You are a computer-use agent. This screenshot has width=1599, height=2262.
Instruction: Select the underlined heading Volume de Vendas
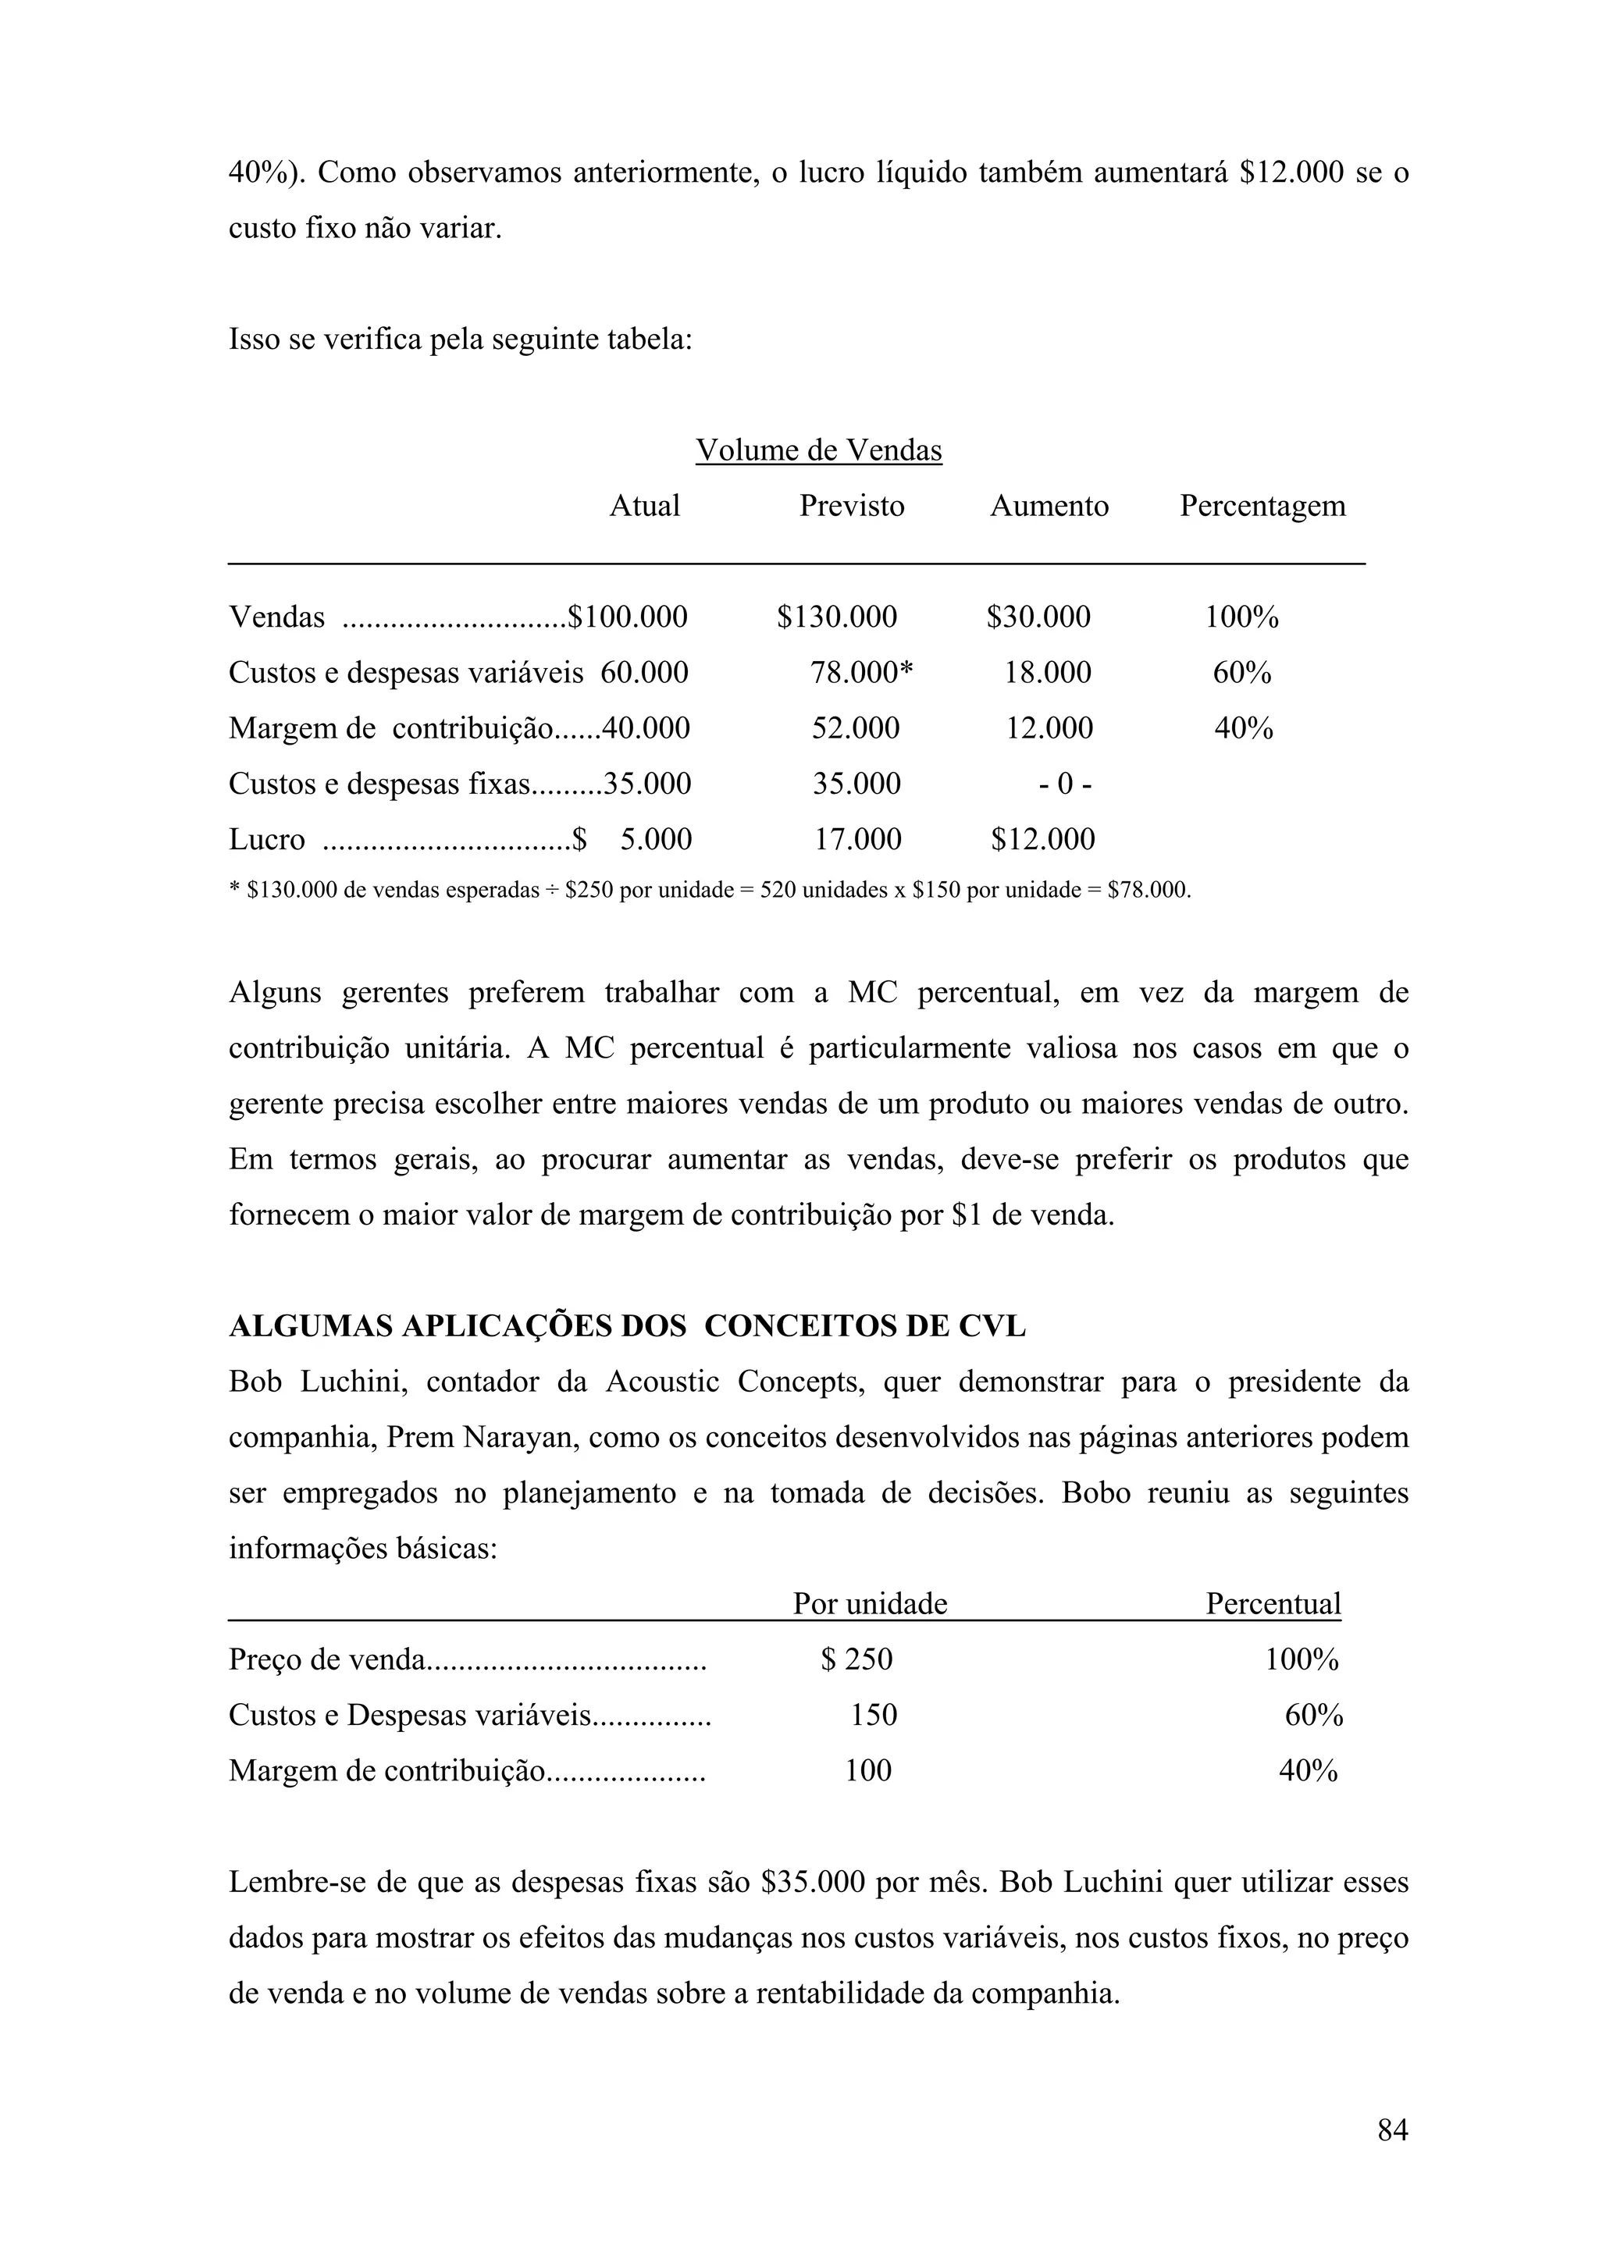click(819, 450)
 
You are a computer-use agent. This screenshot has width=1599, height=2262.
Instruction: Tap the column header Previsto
click(851, 506)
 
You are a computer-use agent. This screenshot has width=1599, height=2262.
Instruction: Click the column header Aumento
click(1049, 506)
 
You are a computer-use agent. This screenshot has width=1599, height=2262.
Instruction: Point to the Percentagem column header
click(1262, 506)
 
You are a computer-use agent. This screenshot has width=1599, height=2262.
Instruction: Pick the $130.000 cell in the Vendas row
click(836, 617)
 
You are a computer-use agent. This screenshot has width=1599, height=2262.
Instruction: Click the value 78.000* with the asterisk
click(861, 672)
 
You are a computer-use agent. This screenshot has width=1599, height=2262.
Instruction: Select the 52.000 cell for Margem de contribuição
click(855, 728)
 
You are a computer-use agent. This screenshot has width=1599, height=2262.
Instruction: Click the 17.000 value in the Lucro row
click(857, 838)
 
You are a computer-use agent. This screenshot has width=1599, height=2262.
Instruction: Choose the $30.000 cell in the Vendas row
click(1038, 617)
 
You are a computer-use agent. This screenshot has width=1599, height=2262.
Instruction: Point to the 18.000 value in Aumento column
click(1047, 672)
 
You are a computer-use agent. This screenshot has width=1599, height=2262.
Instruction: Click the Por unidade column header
click(870, 1603)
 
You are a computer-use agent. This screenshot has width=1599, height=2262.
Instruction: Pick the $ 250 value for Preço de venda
click(856, 1659)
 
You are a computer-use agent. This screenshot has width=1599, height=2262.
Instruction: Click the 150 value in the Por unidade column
click(874, 1714)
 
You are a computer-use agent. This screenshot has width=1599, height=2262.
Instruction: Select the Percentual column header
click(1273, 1603)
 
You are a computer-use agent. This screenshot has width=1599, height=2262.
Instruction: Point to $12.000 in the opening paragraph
click(1291, 172)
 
